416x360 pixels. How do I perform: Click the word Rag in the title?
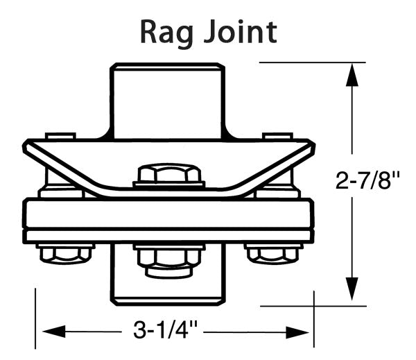pos(167,31)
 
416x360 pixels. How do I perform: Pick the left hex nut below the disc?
pos(66,253)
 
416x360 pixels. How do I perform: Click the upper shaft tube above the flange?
pos(168,97)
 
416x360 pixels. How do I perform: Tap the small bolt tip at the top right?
pos(277,136)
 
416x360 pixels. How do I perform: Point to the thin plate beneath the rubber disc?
pos(168,236)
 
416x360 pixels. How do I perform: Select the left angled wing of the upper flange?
pos(55,162)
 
